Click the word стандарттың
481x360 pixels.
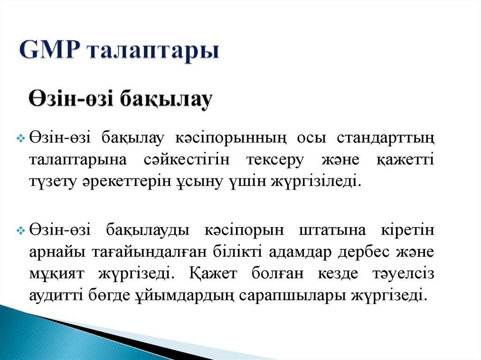[386, 138]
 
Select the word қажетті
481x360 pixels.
[404, 160]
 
